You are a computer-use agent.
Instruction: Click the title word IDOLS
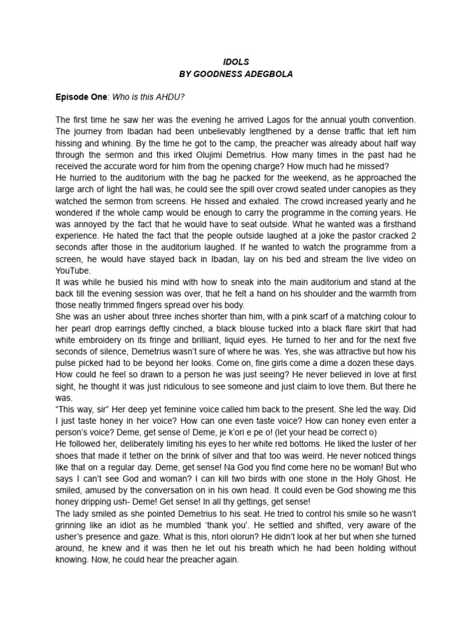point(235,62)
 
